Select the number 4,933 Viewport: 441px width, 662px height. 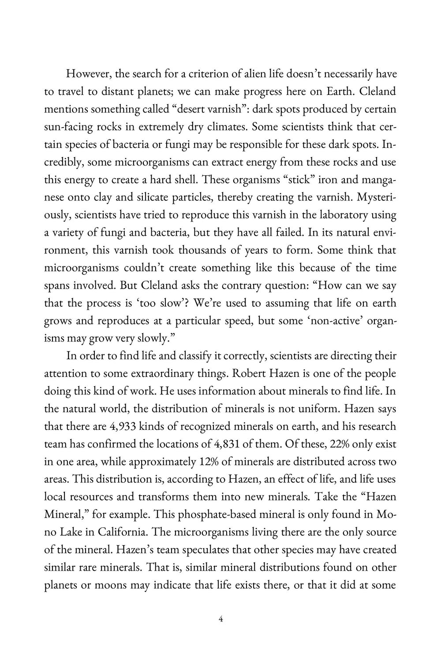click(122, 427)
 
